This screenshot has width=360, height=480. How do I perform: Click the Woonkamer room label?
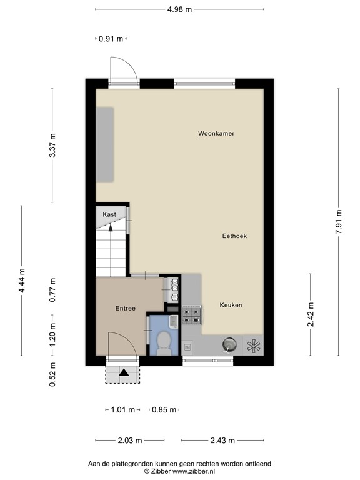(x=216, y=133)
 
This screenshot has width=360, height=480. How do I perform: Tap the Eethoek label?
(x=234, y=236)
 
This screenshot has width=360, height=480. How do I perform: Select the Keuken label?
(x=231, y=305)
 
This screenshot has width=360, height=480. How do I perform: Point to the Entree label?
(x=126, y=309)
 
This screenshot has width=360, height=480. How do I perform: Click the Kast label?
(x=109, y=214)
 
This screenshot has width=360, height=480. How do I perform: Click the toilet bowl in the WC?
(x=164, y=342)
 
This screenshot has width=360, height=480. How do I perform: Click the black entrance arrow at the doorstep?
(x=124, y=372)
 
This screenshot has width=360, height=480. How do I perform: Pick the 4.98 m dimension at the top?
(x=179, y=9)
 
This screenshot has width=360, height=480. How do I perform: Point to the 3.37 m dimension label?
(x=53, y=146)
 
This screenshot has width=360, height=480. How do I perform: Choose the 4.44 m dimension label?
(x=22, y=281)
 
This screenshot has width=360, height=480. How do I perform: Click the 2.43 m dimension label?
(x=222, y=441)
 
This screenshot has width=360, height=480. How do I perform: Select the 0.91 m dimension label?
(x=111, y=39)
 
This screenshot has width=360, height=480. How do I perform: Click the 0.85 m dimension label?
(x=164, y=410)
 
